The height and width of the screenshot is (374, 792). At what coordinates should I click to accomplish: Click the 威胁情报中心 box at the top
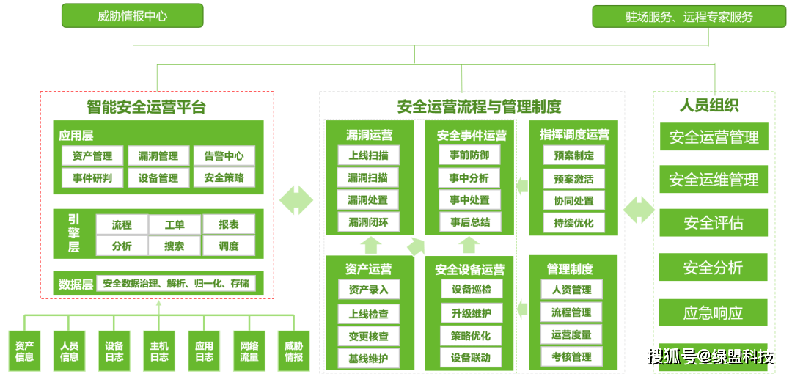(x=132, y=15)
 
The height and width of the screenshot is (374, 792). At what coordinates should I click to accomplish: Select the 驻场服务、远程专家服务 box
(x=689, y=16)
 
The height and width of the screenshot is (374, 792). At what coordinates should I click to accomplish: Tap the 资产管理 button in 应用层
(x=92, y=155)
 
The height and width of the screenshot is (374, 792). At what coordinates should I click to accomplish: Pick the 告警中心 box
(x=224, y=155)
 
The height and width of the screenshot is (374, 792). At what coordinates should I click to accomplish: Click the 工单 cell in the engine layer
(x=175, y=224)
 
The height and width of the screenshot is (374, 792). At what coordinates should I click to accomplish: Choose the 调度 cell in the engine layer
(x=228, y=246)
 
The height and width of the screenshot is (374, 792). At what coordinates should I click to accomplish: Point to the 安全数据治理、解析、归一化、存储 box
(x=175, y=283)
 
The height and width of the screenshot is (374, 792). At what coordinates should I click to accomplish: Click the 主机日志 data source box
(x=159, y=351)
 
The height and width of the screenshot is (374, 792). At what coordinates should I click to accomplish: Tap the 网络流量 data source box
(x=249, y=351)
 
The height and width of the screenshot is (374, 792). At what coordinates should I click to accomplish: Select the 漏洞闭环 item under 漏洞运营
(x=368, y=222)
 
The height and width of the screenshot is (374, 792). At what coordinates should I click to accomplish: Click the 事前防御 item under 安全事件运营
(x=469, y=155)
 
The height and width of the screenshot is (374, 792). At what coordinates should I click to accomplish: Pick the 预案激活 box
(x=573, y=178)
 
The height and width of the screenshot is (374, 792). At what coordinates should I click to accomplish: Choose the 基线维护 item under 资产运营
(x=368, y=359)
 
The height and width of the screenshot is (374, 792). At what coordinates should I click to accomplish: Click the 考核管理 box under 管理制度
(x=571, y=356)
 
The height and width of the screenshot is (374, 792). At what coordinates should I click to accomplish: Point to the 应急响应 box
(x=714, y=312)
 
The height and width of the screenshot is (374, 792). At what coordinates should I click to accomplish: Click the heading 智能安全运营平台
(x=146, y=107)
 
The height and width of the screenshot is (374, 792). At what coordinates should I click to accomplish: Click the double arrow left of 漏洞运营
(x=296, y=200)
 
